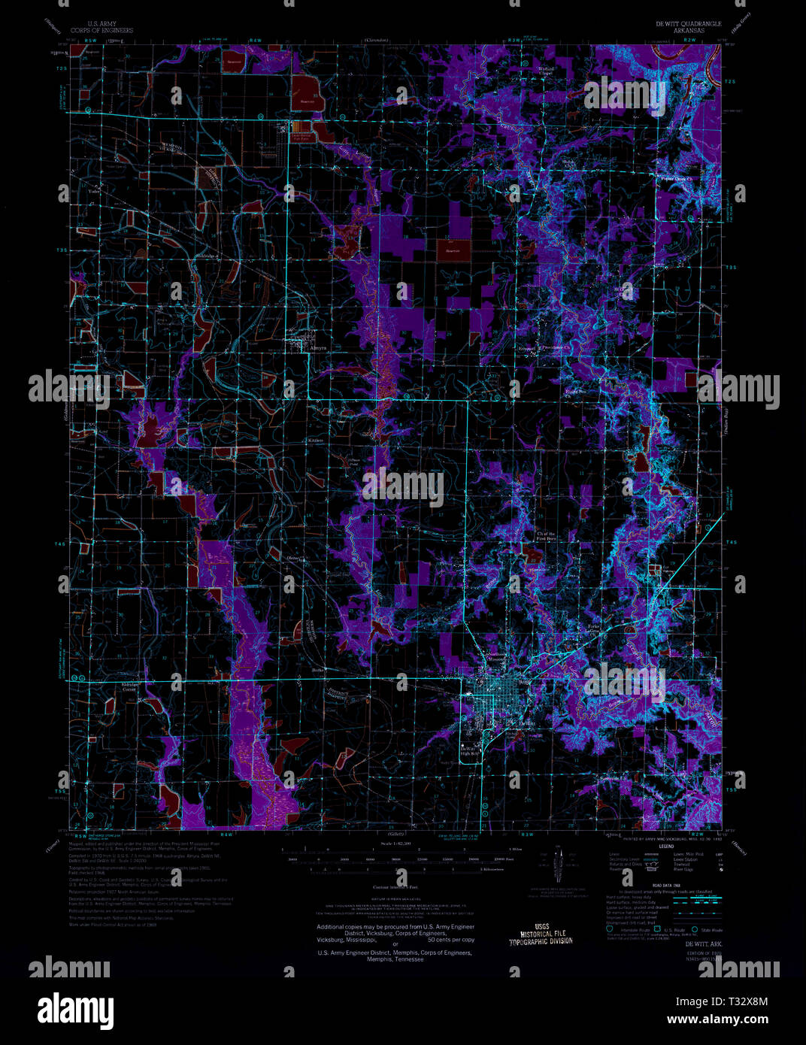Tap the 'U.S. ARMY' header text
101,24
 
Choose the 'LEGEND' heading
668,847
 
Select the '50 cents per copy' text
451,940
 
